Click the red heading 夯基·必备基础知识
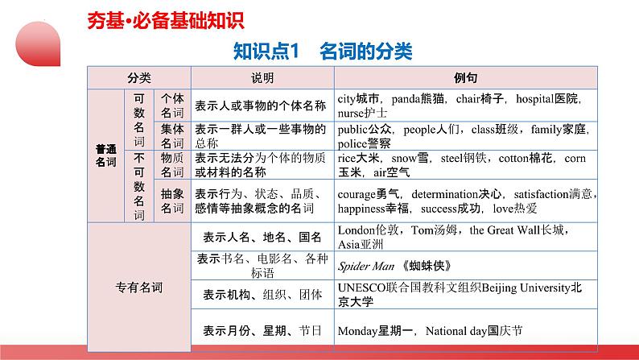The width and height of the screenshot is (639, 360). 166,21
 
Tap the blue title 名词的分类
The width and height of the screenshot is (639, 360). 366,52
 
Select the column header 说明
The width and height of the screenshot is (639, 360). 262,78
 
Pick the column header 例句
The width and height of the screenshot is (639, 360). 465,78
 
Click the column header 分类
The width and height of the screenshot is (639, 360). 139,78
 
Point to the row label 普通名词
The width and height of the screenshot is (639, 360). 106,155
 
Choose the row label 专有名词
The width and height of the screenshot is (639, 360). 139,288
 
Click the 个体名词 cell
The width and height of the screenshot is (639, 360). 172,106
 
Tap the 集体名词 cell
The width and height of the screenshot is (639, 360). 172,136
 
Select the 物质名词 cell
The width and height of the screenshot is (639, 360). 172,165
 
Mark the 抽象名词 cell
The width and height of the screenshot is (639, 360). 172,201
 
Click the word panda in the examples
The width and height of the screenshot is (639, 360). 405,99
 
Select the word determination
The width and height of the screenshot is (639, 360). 444,194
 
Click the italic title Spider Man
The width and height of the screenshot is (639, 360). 366,267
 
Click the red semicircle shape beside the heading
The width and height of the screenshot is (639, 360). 38,44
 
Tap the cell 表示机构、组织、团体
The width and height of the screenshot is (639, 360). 262,294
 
